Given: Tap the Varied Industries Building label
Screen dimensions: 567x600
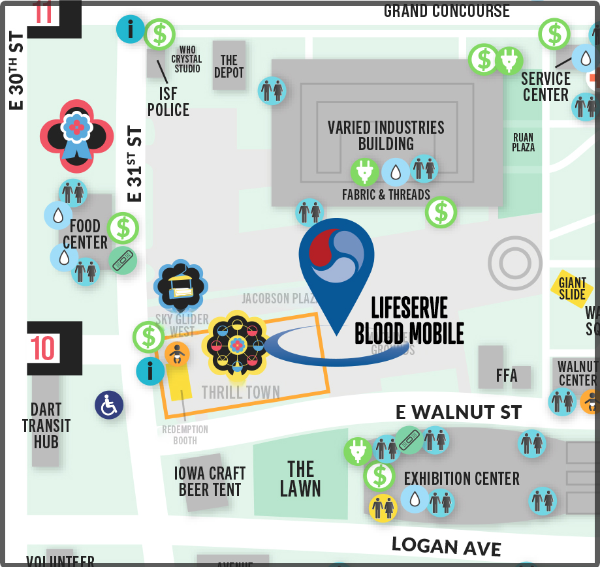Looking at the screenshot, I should click(x=386, y=136).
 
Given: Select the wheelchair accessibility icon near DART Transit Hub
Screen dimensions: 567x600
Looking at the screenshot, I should click(x=109, y=405).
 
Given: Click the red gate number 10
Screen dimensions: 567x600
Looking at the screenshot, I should click(x=43, y=348).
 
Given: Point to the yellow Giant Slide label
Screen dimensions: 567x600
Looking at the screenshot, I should click(x=572, y=288).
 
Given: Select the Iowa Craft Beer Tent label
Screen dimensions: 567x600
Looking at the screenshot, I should click(x=210, y=482).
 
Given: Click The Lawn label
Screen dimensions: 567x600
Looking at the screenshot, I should click(x=300, y=479).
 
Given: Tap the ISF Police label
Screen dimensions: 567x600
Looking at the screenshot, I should click(x=168, y=102).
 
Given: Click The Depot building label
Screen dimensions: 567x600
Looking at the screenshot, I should click(x=229, y=67).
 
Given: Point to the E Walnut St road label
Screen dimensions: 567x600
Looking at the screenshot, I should click(x=459, y=412).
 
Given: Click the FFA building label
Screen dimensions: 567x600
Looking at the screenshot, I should click(x=507, y=375).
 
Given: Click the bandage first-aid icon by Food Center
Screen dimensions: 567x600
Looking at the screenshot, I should click(x=122, y=260).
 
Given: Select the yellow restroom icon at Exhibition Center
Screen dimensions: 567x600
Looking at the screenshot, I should click(x=383, y=508).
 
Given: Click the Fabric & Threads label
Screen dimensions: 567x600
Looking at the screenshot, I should click(x=386, y=194).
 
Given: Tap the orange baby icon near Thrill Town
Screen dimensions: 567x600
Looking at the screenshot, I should click(x=176, y=355).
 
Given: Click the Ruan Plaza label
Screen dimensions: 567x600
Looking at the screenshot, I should click(x=523, y=142).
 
